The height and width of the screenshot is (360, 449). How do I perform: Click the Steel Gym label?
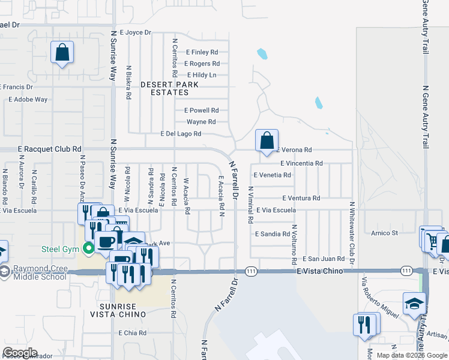pyautogui.click(x=61, y=248)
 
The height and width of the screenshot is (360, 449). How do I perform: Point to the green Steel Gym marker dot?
pyautogui.click(x=89, y=247)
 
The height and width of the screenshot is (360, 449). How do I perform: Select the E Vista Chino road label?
pyautogui.click(x=319, y=271)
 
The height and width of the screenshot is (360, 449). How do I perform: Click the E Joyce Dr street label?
pyautogui.click(x=136, y=32)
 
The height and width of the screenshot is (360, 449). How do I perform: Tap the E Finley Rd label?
pyautogui.click(x=202, y=52)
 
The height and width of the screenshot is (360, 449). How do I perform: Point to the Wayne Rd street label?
pyautogui.click(x=201, y=122)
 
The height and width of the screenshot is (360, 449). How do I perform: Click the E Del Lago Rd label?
pyautogui.click(x=181, y=134)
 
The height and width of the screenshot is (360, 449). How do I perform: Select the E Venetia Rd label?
pyautogui.click(x=272, y=175)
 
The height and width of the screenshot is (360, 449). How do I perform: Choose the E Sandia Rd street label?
pyautogui.click(x=273, y=233)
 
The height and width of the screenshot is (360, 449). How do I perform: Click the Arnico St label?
pyautogui.click(x=385, y=232)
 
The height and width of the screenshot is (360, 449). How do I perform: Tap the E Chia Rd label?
pyautogui.click(x=133, y=332)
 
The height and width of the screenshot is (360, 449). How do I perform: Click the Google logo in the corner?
pyautogui.click(x=20, y=353)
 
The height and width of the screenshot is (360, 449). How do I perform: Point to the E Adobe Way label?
pyautogui.click(x=28, y=100)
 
